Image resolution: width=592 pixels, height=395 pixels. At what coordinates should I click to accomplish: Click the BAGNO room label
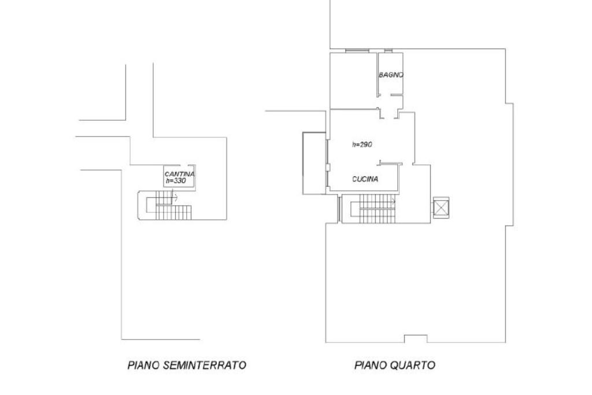pyautogui.click(x=391, y=75)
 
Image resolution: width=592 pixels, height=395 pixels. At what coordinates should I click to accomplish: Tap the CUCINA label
pyautogui.click(x=365, y=179)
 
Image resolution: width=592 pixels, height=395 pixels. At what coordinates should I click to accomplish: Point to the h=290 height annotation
pyautogui.click(x=362, y=144)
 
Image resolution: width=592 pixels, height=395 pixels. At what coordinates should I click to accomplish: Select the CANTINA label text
pyautogui.click(x=180, y=174)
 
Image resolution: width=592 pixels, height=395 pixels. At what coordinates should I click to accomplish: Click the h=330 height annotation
pyautogui.click(x=176, y=181)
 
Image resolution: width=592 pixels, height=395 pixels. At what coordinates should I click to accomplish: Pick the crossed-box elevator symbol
pyautogui.click(x=441, y=208)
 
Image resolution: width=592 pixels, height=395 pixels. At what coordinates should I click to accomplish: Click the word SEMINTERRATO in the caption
pyautogui.click(x=205, y=365)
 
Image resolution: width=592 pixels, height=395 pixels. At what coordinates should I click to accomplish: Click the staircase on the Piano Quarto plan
pyautogui.click(x=373, y=208)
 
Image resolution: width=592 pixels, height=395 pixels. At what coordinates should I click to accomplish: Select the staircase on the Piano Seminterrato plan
pyautogui.click(x=165, y=205)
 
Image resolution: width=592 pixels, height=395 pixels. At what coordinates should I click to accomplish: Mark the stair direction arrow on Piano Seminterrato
pyautogui.click(x=175, y=197)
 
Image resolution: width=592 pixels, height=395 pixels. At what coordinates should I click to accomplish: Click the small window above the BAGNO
pyautogui.click(x=388, y=50)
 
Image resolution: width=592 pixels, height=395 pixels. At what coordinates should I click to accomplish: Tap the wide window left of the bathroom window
pyautogui.click(x=357, y=50)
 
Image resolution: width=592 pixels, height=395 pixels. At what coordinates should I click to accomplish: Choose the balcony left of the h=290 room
pyautogui.click(x=314, y=163)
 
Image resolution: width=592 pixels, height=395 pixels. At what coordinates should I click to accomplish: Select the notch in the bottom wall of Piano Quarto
pyautogui.click(x=416, y=339)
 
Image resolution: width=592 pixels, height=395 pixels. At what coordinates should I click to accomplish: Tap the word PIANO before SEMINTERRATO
pyautogui.click(x=144, y=365)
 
